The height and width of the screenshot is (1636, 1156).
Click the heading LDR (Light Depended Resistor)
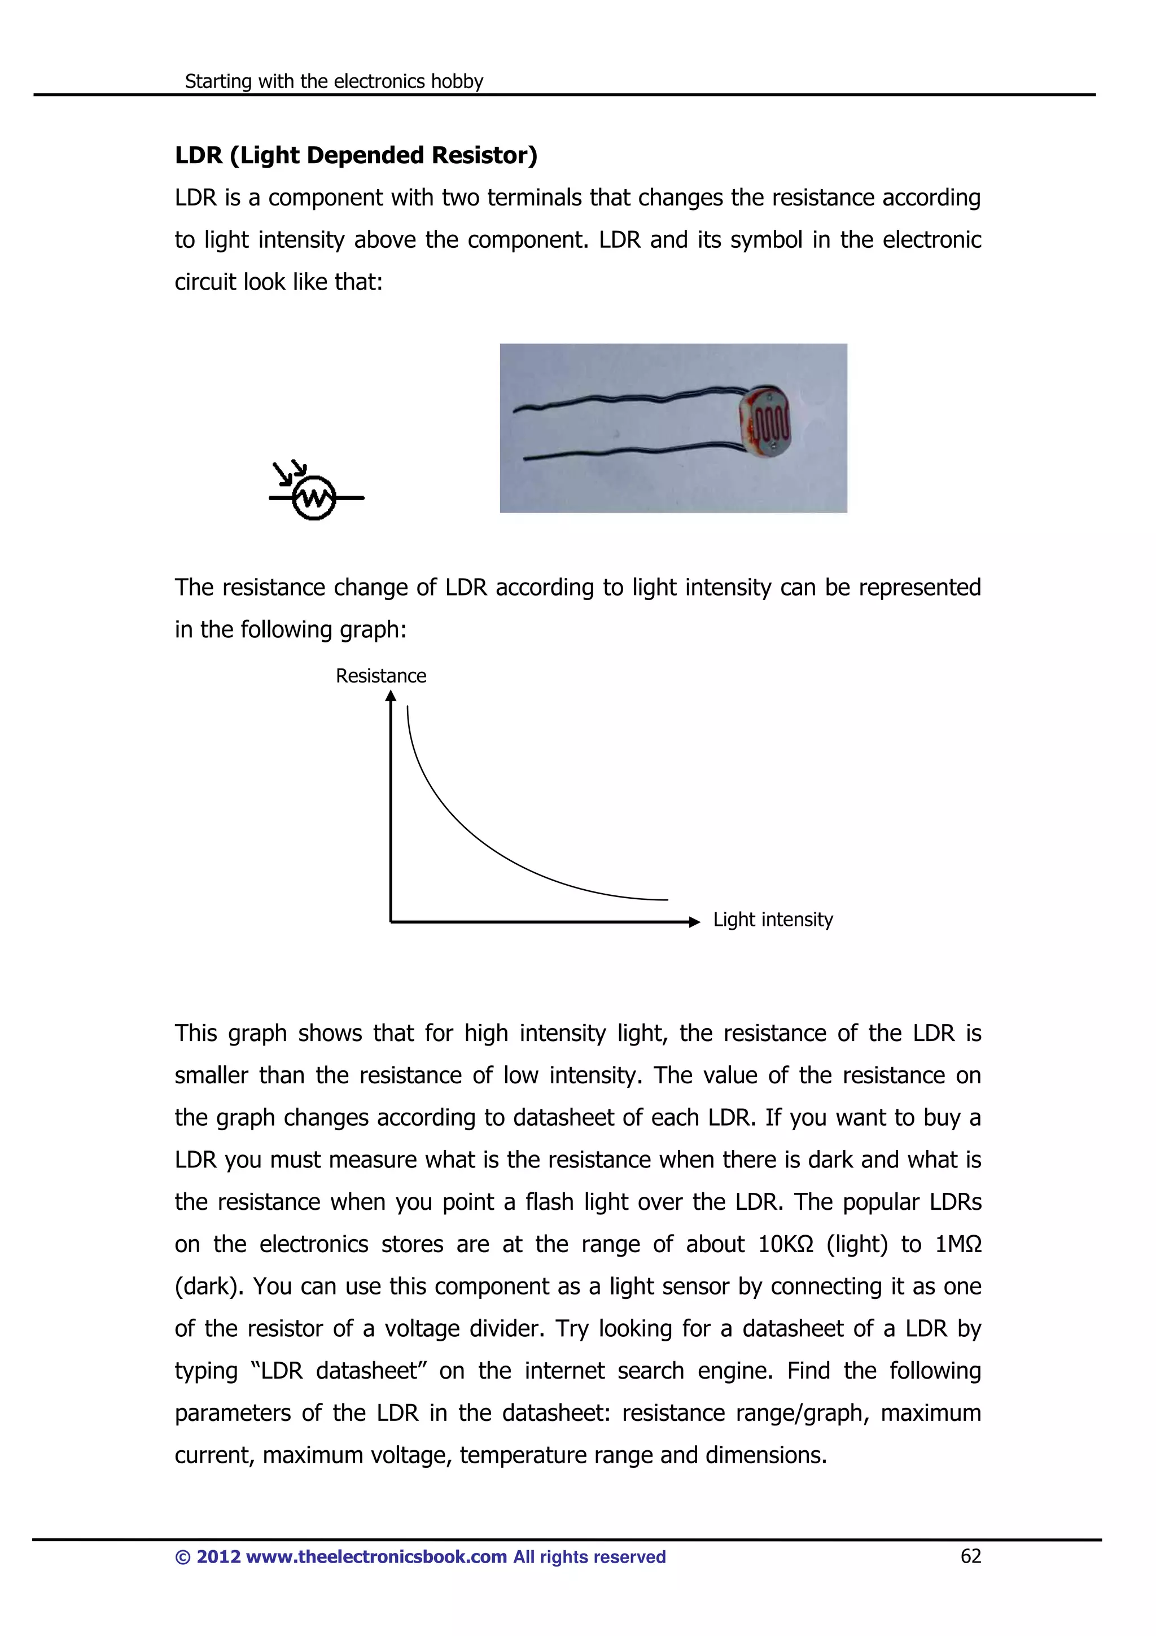coord(356,155)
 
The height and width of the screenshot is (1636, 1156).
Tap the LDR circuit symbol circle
coord(314,497)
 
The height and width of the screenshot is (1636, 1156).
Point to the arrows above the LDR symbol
coord(289,472)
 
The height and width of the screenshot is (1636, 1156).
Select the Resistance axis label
coord(380,676)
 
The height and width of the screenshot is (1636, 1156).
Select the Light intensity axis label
coord(773,920)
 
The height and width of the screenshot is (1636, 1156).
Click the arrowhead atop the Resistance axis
coord(390,696)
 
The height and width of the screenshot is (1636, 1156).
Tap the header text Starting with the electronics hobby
coord(334,81)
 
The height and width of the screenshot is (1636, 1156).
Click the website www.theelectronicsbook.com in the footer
coord(376,1557)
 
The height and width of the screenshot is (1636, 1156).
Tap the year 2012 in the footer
coord(218,1557)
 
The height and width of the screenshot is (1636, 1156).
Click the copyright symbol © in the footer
coord(182,1557)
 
